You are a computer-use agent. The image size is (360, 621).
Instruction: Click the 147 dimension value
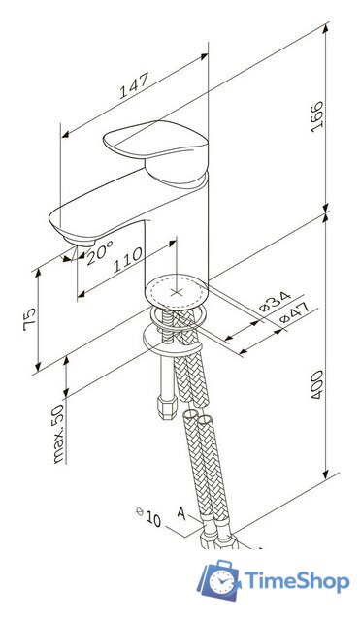(134, 85)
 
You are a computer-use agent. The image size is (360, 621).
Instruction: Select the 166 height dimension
(317, 116)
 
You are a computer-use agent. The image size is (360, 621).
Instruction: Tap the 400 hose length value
(317, 384)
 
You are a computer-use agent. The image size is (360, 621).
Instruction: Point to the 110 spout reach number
(127, 260)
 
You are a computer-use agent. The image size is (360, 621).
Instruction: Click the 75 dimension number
(30, 319)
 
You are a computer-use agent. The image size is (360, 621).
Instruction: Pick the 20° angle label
(99, 252)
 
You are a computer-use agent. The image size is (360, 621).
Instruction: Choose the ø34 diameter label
(275, 302)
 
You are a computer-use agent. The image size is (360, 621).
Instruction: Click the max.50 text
(58, 434)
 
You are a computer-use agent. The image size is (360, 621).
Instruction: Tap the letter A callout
(181, 513)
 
